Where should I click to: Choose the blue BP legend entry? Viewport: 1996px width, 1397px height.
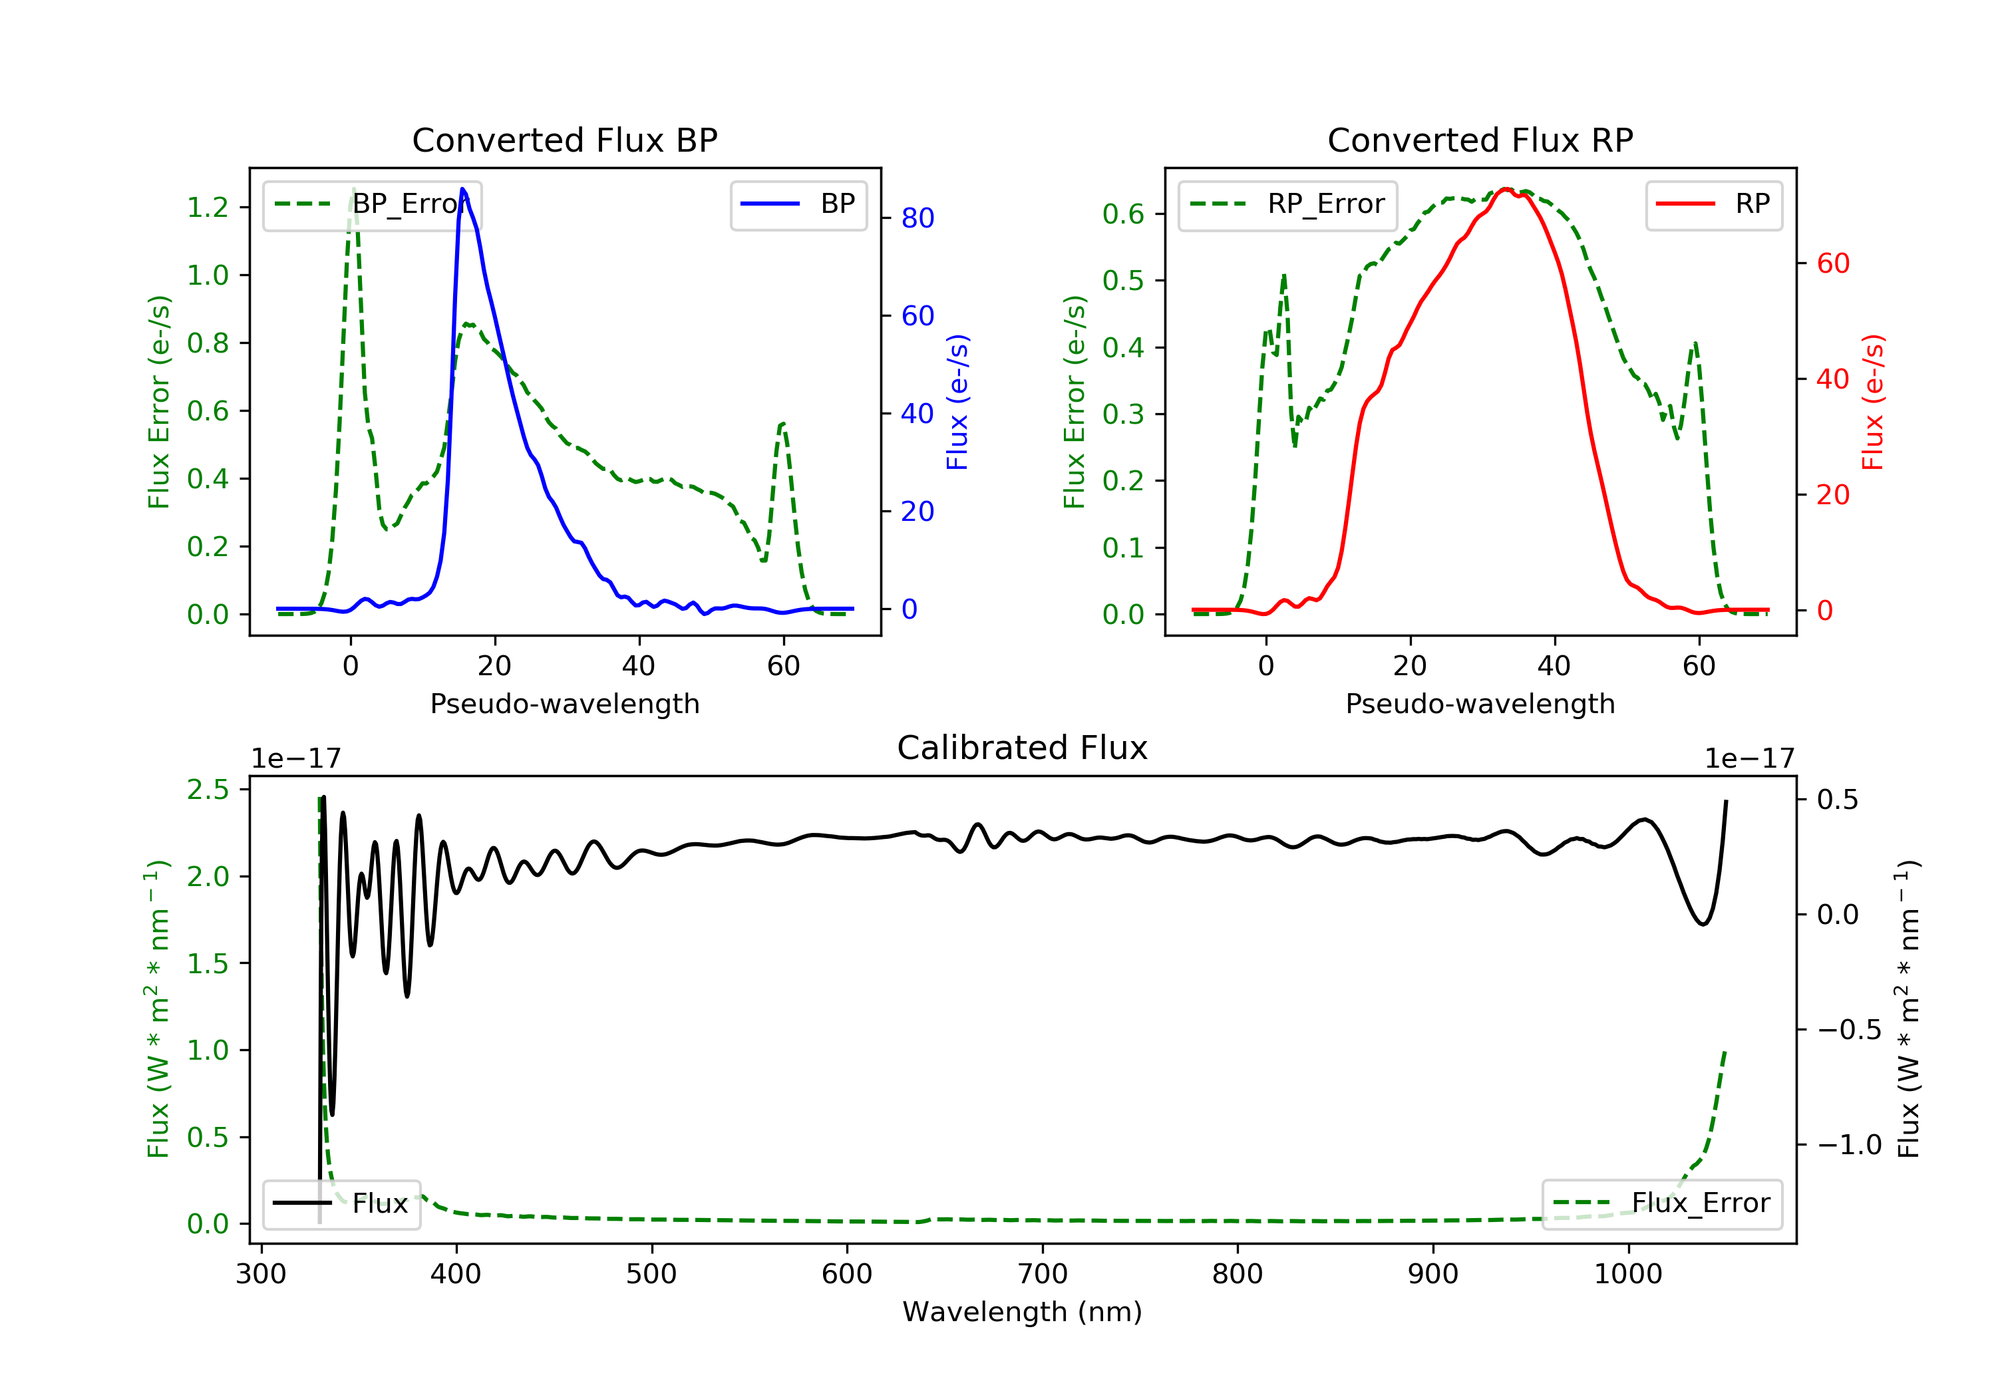point(798,204)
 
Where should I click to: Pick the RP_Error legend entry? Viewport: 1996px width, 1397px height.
point(1287,204)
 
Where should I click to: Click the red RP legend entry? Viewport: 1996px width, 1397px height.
point(1713,204)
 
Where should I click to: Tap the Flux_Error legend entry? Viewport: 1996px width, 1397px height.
point(1661,1203)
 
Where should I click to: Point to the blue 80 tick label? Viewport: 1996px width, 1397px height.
point(917,218)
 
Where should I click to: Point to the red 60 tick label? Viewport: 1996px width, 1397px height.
point(1832,263)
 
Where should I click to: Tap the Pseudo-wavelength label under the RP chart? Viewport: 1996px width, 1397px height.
point(1480,704)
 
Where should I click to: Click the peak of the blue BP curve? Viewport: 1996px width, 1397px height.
point(462,189)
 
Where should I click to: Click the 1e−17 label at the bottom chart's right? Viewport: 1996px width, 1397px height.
point(1749,759)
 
